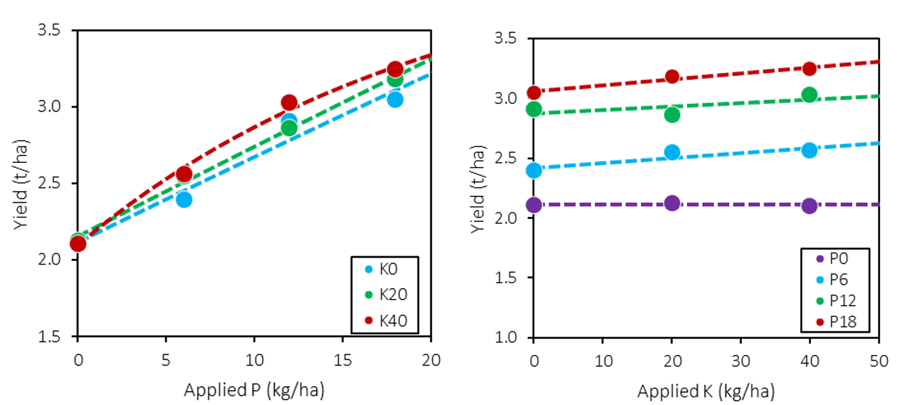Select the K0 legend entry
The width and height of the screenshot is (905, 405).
click(x=382, y=269)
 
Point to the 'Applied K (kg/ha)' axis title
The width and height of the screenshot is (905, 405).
click(x=705, y=390)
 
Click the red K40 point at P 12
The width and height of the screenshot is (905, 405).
click(x=289, y=103)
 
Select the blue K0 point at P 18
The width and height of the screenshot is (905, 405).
click(x=395, y=99)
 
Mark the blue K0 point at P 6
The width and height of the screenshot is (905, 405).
click(x=184, y=199)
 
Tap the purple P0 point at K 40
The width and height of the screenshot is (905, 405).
click(x=810, y=206)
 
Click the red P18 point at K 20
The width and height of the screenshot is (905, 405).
click(x=672, y=76)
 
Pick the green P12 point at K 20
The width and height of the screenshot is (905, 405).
click(x=672, y=114)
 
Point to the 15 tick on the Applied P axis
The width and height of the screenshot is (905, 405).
click(x=343, y=360)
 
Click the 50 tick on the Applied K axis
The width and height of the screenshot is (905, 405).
click(x=878, y=360)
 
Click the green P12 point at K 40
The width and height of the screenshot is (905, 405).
click(x=810, y=95)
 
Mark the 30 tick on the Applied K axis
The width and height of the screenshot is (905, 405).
click(x=741, y=360)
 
